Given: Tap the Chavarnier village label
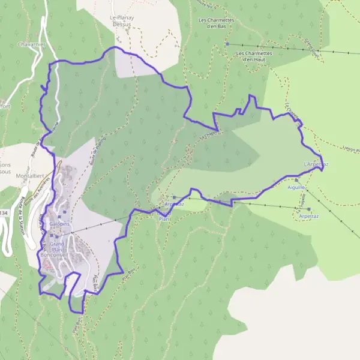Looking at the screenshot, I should (28, 44).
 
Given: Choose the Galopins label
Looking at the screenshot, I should (60, 224).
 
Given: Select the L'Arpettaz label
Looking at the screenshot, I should (316, 164).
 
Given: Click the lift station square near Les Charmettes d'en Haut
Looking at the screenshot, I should (227, 44).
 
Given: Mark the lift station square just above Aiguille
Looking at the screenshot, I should (296, 179).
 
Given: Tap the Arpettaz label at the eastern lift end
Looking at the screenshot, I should (308, 215).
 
